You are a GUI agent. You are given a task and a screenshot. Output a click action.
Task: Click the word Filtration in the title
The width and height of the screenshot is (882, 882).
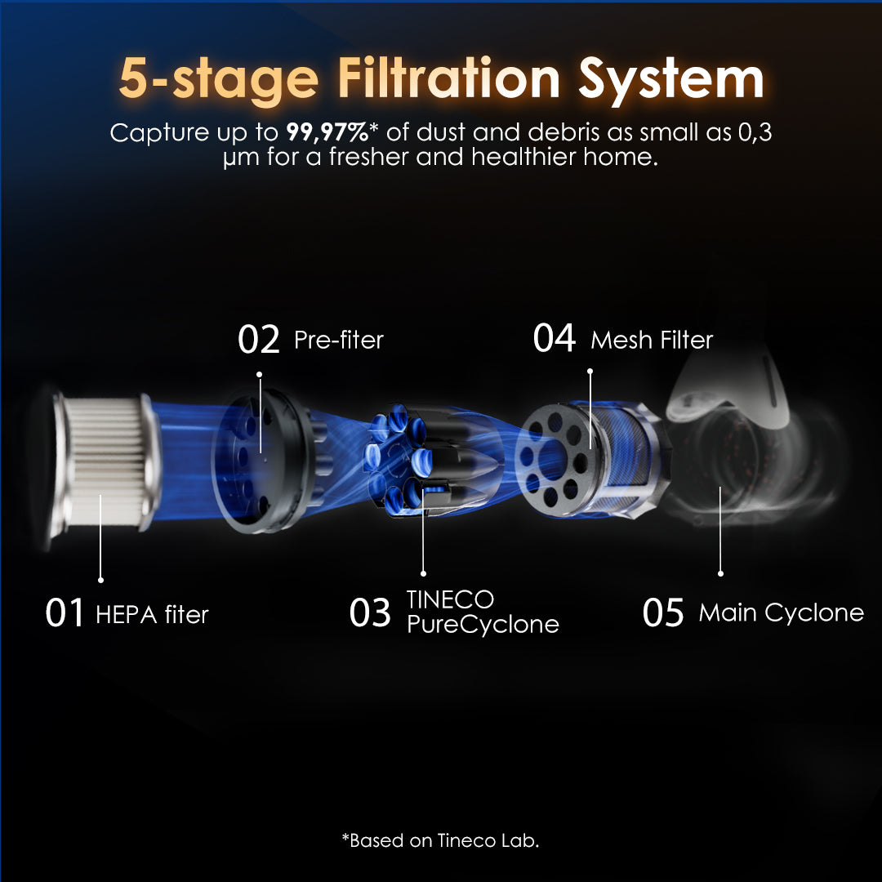[x=448, y=78]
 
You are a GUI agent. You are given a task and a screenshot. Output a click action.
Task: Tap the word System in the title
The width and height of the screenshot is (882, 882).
[x=671, y=81]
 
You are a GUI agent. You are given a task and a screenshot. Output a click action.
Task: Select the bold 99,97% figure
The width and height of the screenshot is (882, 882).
[x=327, y=133]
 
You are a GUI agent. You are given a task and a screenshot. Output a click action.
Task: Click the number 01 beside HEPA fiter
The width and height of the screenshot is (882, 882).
[x=65, y=612]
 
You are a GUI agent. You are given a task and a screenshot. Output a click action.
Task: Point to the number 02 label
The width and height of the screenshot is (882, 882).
[x=258, y=339]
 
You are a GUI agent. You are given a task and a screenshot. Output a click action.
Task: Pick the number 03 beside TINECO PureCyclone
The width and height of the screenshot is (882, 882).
[x=370, y=612]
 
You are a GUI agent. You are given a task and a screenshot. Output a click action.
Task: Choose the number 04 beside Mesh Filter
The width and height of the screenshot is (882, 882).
[x=554, y=338]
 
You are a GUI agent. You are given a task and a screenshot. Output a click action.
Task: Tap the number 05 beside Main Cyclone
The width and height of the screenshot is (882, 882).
[x=663, y=612]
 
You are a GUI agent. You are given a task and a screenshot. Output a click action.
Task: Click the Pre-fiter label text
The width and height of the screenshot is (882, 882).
[x=339, y=341]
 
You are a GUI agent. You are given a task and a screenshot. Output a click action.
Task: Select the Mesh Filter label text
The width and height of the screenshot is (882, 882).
[x=652, y=341]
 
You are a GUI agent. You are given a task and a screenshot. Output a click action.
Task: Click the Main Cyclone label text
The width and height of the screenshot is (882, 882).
[x=782, y=612]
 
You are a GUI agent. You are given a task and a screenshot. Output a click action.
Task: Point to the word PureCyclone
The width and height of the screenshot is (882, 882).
[x=483, y=625]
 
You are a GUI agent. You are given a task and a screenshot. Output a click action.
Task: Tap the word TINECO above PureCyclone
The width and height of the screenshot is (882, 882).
[x=450, y=599]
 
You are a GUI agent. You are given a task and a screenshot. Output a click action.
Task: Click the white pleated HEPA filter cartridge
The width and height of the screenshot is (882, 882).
[x=103, y=462]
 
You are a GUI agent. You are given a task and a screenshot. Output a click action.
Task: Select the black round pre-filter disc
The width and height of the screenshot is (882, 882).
[x=262, y=461]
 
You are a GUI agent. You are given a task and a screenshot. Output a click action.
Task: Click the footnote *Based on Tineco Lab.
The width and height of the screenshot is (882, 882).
[x=440, y=840]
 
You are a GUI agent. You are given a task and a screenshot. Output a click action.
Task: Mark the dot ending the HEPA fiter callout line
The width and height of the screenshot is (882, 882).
[x=100, y=580]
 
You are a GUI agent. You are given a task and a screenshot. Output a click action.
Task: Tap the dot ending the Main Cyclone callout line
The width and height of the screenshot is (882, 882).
[x=720, y=574]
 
